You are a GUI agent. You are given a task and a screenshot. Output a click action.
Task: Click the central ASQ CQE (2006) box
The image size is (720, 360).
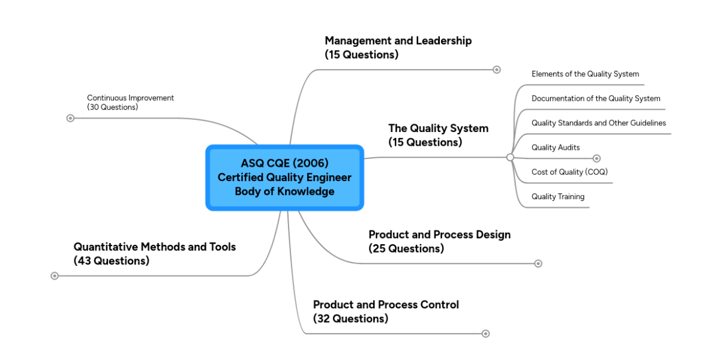pos(284,178)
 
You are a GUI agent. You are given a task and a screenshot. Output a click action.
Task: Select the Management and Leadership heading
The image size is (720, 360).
pos(398,47)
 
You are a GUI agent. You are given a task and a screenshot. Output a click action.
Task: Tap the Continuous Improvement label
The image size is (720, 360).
pos(130,102)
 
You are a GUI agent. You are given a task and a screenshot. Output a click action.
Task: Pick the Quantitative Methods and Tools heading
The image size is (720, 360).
pos(154,253)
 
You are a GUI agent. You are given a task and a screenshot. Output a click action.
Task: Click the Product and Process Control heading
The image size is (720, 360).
pos(386,311)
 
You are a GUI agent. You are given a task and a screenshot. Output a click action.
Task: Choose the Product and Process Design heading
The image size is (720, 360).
pos(439,241)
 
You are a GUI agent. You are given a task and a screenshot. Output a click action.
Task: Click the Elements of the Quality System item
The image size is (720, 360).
pos(585,74)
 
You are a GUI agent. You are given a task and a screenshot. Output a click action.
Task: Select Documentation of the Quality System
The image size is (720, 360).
pos(596,98)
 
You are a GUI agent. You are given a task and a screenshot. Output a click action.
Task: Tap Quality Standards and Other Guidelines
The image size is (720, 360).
pos(598,123)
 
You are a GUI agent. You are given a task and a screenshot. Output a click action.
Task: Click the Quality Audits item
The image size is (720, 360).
pos(556,148)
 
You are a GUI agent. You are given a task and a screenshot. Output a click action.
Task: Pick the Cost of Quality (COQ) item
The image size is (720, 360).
pos(570,172)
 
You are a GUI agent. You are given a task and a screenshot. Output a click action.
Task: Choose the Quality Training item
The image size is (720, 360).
pos(558,197)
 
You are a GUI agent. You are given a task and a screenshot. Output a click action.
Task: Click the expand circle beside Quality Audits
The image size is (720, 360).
pos(596,158)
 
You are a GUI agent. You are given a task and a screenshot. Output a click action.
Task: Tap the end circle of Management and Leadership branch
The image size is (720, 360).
pos(497,70)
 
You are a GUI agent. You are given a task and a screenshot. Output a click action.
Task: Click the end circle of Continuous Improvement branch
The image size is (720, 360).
pos(70,118)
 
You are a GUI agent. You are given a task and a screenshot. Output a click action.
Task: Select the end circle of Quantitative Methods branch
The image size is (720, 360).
pos(55,276)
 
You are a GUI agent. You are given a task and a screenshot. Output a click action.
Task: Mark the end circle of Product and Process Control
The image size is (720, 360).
pos(486,334)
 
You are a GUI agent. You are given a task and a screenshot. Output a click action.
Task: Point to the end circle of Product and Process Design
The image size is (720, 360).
pos(538,263)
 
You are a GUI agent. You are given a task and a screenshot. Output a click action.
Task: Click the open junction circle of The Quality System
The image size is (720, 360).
pos(510,157)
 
